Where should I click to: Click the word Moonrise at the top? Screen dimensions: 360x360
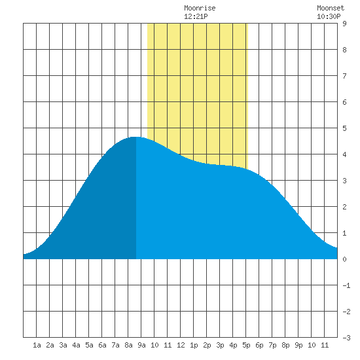(200, 8)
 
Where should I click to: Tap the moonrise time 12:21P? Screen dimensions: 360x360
(196, 16)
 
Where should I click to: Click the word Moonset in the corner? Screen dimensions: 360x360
(331, 8)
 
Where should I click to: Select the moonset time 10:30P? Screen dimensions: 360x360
(329, 16)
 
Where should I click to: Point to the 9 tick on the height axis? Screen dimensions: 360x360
(344, 24)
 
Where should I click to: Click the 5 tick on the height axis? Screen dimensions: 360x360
(344, 128)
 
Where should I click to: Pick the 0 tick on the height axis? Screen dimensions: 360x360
(344, 259)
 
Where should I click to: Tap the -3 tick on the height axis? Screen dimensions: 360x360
(346, 338)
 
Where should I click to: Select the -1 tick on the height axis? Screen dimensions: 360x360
(346, 285)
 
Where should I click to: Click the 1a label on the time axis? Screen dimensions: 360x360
(37, 345)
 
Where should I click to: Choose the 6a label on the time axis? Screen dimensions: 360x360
(102, 345)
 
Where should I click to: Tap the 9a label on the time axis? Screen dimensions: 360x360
(141, 345)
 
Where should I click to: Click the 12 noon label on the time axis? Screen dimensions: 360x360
(181, 345)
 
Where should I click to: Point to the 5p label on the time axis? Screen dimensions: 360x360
(246, 345)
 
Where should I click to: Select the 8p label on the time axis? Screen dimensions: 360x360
(285, 345)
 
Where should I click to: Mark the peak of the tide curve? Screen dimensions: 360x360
(136, 137)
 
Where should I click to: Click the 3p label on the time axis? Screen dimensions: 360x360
(220, 345)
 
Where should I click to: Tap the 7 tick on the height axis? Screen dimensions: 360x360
(344, 76)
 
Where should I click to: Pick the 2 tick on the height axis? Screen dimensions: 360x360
(344, 207)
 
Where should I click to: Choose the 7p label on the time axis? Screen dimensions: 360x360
(272, 345)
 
